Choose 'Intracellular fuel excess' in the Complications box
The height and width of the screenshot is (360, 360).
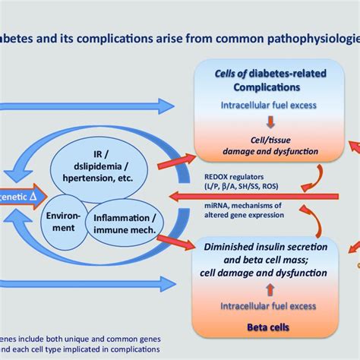(271, 106)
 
